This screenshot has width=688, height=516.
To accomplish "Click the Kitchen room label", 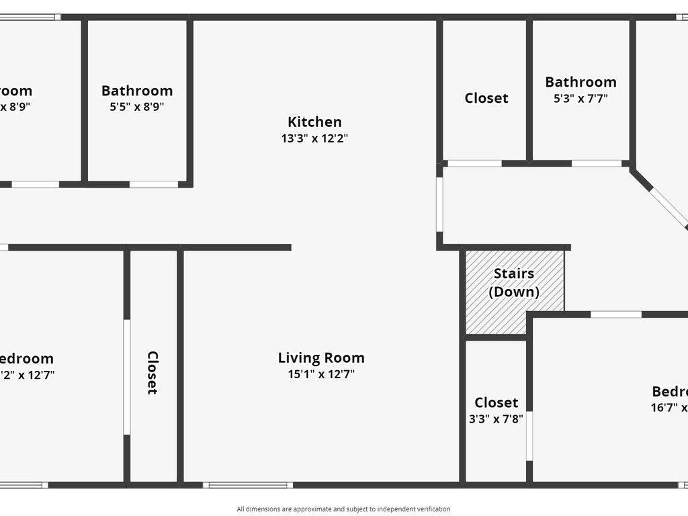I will pyautogui.click(x=314, y=122).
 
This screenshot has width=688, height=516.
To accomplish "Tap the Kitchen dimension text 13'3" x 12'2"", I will pyautogui.click(x=314, y=139).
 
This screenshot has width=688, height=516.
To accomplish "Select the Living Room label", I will pyautogui.click(x=321, y=357).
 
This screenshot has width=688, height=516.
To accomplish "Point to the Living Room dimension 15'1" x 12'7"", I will pyautogui.click(x=321, y=374).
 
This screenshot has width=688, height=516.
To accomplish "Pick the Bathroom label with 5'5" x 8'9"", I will pyautogui.click(x=137, y=91).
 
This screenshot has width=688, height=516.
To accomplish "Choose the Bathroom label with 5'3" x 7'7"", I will pyautogui.click(x=580, y=82).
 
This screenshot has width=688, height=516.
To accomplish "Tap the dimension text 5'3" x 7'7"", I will pyautogui.click(x=580, y=99).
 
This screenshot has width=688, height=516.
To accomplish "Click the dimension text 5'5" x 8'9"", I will pyautogui.click(x=137, y=106).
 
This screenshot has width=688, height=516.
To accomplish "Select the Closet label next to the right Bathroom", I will pyautogui.click(x=486, y=98).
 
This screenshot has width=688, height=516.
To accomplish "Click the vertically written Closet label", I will pyautogui.click(x=153, y=373).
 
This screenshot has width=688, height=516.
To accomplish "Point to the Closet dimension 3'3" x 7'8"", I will pyautogui.click(x=497, y=418).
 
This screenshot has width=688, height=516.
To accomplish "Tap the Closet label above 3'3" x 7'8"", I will pyautogui.click(x=497, y=402).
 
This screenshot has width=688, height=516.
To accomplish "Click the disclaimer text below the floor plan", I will pyautogui.click(x=343, y=509).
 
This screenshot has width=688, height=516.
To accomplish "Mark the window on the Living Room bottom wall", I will pyautogui.click(x=248, y=485).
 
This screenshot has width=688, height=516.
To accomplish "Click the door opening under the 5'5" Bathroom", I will pyautogui.click(x=153, y=184).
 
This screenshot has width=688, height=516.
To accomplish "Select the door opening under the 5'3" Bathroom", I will pyautogui.click(x=596, y=163).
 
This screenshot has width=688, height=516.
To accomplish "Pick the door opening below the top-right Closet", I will pyautogui.click(x=474, y=163).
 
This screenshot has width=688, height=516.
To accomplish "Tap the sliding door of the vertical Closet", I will pyautogui.click(x=126, y=376).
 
